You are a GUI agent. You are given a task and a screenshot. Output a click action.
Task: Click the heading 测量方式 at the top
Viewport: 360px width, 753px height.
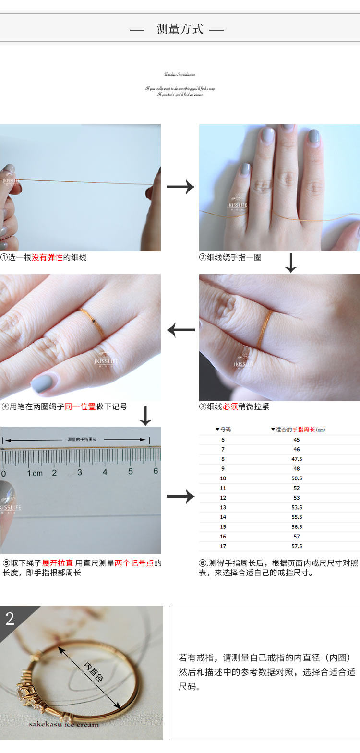point(180,29)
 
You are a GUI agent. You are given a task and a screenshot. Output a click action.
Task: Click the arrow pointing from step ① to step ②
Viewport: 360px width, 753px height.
point(180,187)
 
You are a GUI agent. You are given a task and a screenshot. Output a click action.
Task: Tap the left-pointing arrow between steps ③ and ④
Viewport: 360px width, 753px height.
point(180,330)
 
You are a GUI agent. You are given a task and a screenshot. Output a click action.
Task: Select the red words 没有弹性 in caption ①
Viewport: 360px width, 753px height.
point(47,257)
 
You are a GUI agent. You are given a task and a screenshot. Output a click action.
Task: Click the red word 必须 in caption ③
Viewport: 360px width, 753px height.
point(230,406)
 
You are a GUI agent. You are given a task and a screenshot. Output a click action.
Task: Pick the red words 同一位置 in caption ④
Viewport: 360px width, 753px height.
point(80,406)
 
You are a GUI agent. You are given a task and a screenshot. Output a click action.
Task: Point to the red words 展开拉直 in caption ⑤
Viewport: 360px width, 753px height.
point(57,563)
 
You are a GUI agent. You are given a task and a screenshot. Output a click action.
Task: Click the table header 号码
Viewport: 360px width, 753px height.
point(225,430)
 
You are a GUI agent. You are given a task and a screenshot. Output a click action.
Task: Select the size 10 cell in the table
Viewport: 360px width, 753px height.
point(223,478)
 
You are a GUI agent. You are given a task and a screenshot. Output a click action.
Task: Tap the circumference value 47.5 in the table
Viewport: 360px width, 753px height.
point(297,459)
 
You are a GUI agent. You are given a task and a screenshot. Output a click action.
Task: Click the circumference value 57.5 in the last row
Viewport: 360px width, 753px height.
point(297,546)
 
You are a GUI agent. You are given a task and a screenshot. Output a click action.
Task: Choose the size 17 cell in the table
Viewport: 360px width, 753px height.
point(223,546)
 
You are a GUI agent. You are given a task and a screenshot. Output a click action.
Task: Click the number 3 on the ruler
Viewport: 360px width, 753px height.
point(80,472)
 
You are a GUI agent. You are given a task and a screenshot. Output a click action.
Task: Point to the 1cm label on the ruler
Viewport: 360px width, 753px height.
point(35,473)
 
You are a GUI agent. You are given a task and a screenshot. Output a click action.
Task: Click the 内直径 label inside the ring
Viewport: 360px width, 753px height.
point(94,672)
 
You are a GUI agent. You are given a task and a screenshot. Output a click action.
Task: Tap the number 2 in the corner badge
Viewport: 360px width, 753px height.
point(10,619)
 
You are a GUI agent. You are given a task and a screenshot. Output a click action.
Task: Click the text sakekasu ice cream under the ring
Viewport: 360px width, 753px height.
point(63,724)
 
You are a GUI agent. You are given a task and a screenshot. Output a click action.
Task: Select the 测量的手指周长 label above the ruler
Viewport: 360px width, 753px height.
point(82,439)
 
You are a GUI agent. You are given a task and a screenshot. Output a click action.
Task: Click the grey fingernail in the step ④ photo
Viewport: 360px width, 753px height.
point(42,383)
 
